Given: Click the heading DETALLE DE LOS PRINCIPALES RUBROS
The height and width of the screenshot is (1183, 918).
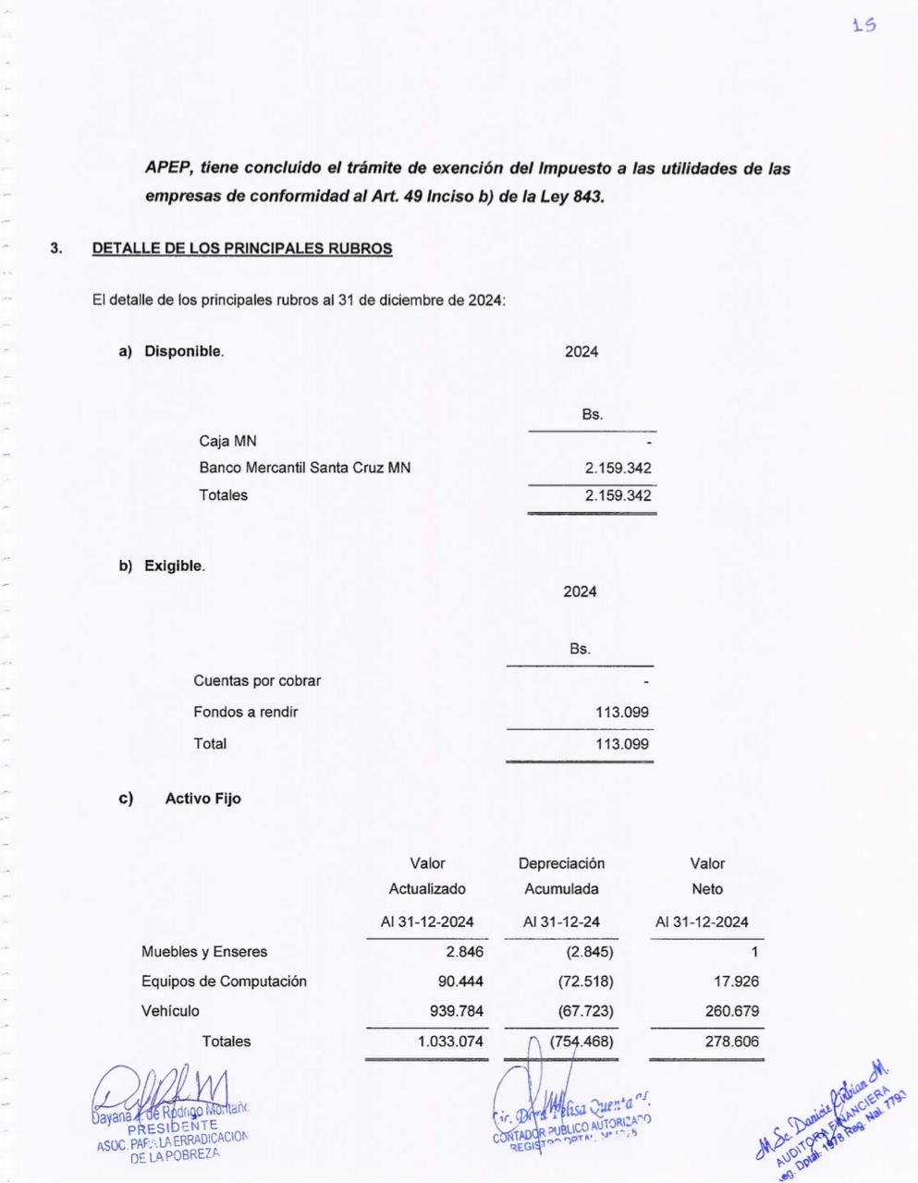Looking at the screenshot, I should tap(242, 249).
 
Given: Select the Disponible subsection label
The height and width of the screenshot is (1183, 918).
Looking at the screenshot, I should tap(183, 351).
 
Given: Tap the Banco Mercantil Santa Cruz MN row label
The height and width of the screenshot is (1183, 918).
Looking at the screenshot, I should tap(304, 468).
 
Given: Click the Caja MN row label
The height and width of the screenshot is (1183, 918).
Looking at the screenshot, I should tap(227, 441).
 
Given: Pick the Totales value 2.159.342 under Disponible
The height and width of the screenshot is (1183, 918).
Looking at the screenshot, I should tap(618, 495).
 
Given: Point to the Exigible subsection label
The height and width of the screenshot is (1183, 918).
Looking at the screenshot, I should tap(174, 566).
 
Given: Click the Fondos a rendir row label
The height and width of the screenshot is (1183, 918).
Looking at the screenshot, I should tap(245, 712).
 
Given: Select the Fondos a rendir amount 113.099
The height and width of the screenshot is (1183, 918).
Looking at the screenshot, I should tap(622, 712).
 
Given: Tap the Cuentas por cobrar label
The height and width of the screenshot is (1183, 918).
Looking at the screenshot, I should tap(257, 681).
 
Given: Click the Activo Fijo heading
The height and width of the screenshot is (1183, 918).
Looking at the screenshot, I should tap(202, 799).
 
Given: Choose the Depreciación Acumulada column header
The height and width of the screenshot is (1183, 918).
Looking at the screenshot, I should tap(561, 876).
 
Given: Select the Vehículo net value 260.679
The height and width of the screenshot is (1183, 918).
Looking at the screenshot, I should tap(732, 1011).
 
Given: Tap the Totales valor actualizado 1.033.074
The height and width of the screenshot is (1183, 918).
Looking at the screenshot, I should tap(450, 1042).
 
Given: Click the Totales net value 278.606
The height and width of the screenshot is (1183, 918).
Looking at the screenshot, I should tap(732, 1042).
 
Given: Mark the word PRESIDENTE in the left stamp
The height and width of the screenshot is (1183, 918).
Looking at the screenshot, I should tap(173, 1125).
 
